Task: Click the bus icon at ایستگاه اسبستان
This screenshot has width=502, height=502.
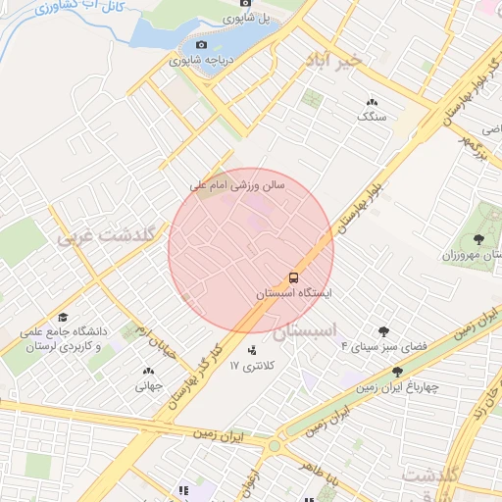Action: tap(294, 276)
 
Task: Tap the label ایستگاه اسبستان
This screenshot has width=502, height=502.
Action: tap(294, 293)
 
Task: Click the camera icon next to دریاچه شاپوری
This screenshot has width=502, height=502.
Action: tap(202, 44)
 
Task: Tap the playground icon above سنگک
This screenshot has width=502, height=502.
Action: tap(373, 102)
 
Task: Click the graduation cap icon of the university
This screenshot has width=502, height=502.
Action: tap(63, 318)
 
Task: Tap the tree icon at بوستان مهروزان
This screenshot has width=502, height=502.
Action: tap(477, 239)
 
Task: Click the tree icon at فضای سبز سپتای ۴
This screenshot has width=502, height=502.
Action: tap(383, 331)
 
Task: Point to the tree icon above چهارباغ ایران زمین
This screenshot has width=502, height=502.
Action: tap(397, 372)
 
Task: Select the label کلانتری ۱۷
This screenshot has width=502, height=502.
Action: tap(254, 365)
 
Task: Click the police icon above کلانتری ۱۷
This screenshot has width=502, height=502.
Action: tap(251, 349)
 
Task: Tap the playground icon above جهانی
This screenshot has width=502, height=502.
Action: tap(148, 372)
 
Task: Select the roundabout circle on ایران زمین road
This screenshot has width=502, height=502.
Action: tap(274, 446)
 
